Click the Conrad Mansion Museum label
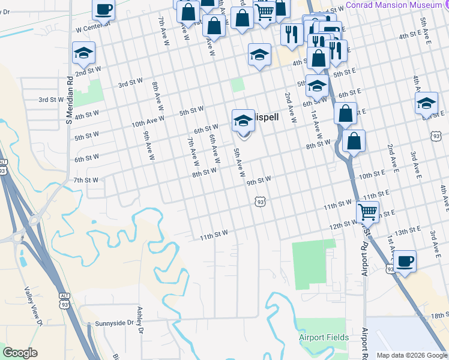(x=393, y=4)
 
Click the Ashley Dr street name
(x=141, y=320)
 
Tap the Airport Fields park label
(x=324, y=337)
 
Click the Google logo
(x=20, y=353)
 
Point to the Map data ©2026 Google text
(x=412, y=355)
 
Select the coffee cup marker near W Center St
(x=103, y=10)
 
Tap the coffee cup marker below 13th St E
(x=405, y=262)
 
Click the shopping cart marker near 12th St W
(x=367, y=212)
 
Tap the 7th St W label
(x=86, y=180)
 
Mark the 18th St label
(x=439, y=315)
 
